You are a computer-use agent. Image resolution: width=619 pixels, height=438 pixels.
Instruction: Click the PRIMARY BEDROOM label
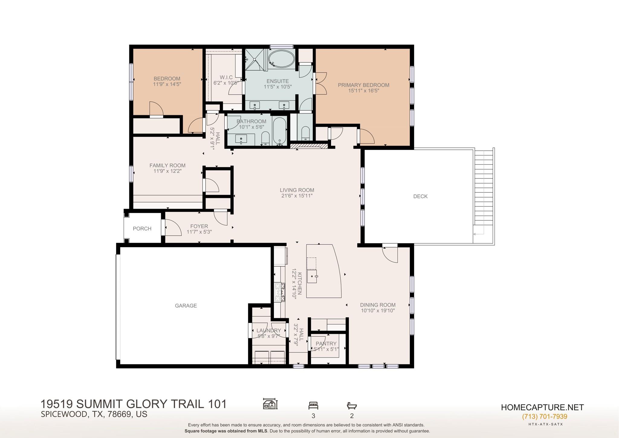[363, 85]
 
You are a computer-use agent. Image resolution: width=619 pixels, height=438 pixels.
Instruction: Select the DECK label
[420, 196]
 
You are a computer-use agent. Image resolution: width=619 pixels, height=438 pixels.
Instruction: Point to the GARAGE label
[186, 306]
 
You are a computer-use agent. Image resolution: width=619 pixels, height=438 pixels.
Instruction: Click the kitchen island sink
[312, 276]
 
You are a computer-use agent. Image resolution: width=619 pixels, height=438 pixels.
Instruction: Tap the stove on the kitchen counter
[280, 292]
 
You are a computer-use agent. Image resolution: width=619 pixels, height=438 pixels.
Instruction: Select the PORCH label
[142, 229]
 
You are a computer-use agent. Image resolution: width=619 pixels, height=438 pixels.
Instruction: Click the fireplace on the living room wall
[309, 146]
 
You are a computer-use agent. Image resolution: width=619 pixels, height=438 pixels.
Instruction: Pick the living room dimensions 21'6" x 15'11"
[297, 196]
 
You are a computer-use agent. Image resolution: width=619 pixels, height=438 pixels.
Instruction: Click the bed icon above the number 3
[313, 405]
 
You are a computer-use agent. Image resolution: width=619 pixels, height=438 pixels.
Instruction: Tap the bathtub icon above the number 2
[352, 405]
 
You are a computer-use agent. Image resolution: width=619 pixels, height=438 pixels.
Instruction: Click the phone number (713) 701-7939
[545, 417]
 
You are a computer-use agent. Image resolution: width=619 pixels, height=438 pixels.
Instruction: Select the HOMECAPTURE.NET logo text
[543, 407]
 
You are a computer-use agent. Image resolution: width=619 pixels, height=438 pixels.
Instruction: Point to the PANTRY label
[326, 344]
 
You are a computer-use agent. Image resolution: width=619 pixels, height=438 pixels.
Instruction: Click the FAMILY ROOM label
[167, 165]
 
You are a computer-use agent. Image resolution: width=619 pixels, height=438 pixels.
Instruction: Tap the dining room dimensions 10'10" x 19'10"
[378, 310]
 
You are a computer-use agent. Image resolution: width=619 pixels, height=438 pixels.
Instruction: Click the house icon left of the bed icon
[270, 404]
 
